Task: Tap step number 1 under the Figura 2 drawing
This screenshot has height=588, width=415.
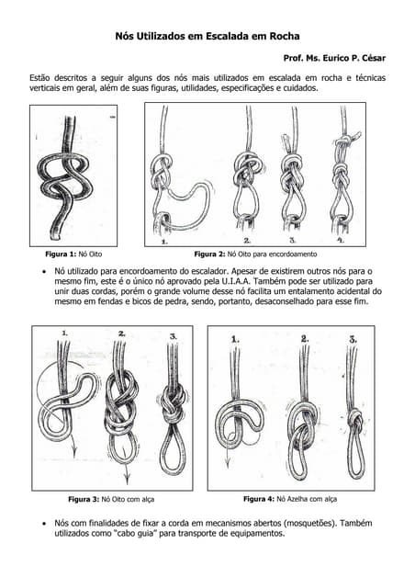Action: pos(163,242)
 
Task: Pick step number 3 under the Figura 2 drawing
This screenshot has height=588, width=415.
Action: pos(292,241)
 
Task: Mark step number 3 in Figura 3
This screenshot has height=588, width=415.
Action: pos(173,337)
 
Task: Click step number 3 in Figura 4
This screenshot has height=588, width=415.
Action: pos(353,338)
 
